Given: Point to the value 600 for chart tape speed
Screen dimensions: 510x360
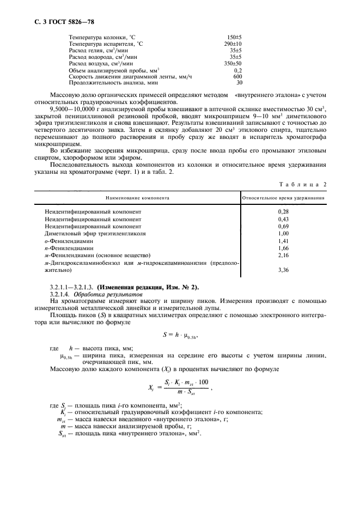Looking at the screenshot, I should tap(237, 76).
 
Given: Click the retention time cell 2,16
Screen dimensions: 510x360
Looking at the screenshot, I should tap(283, 254).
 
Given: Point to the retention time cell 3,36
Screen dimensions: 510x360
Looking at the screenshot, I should tap(283, 269).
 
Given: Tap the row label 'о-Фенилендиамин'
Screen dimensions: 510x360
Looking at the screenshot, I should tap(69, 240).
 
